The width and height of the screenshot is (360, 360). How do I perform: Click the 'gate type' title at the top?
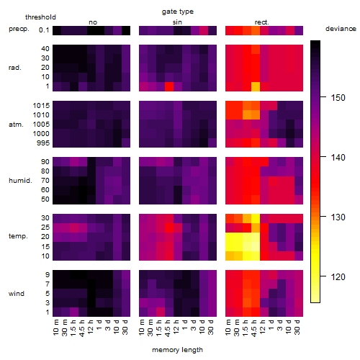pyautogui.click(x=178, y=12)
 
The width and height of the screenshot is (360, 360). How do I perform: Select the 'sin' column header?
pyautogui.click(x=177, y=22)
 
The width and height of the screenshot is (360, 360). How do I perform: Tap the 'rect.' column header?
pyautogui.click(x=261, y=22)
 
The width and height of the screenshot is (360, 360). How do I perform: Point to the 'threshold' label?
pyautogui.click(x=40, y=17)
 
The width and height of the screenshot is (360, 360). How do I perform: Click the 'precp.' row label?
pyautogui.click(x=19, y=29)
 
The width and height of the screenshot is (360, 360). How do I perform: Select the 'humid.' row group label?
pyautogui.click(x=20, y=181)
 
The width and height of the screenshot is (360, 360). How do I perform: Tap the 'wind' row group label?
pyautogui.click(x=17, y=294)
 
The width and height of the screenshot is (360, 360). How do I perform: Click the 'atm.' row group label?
pyautogui.click(x=16, y=125)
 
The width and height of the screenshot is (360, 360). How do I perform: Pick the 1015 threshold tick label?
pyautogui.click(x=41, y=106)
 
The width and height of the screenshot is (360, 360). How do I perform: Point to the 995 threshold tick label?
pyautogui.click(x=43, y=143)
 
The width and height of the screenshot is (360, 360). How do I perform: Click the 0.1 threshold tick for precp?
pyautogui.click(x=44, y=30)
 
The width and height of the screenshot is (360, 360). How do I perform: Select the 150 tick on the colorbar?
pyautogui.click(x=338, y=98)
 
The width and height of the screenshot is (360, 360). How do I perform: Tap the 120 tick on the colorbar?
pyautogui.click(x=338, y=277)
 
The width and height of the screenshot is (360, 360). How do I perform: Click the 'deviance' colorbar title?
pyautogui.click(x=341, y=29)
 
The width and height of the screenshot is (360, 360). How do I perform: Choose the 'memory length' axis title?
pyautogui.click(x=177, y=350)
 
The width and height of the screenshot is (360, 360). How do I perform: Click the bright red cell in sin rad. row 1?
pyautogui.click(x=169, y=86)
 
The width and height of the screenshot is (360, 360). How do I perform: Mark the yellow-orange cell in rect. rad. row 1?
pyautogui.click(x=256, y=86)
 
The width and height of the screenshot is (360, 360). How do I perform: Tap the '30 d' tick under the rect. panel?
pyautogui.click(x=297, y=327)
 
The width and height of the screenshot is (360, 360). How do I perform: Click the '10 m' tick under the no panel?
pyautogui.click(x=55, y=328)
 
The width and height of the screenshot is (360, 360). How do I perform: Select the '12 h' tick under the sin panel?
pyautogui.click(x=176, y=327)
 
